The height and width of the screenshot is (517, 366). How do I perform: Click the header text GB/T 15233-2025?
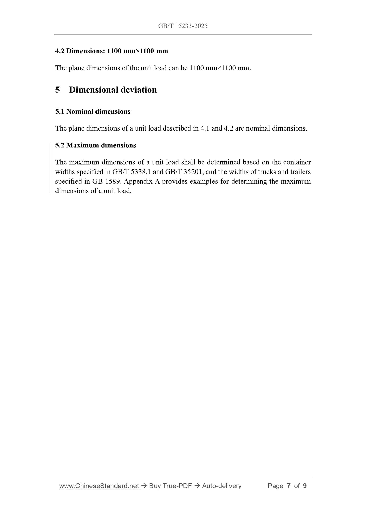[183, 26]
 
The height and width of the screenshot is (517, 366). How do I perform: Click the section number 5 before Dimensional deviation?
[57, 90]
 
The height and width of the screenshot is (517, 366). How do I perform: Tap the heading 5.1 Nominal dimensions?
[93, 112]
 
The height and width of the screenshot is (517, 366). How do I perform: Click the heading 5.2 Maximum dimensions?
[95, 145]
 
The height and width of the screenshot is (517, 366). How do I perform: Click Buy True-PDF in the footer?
[170, 486]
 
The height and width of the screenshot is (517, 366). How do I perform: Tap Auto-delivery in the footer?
[222, 486]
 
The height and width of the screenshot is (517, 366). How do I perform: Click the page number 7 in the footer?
[288, 486]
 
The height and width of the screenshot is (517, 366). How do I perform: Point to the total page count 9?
[305, 486]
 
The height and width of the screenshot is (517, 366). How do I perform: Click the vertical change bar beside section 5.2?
[50, 168]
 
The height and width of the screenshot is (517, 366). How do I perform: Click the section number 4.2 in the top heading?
[60, 51]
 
